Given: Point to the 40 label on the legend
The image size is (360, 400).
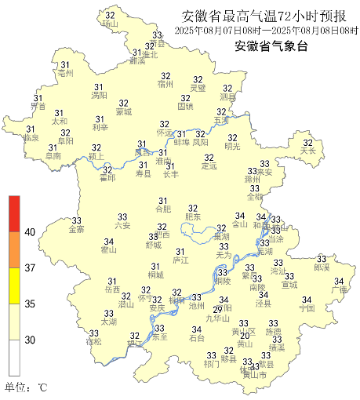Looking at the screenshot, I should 31,232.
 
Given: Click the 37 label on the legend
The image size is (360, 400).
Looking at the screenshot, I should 31,268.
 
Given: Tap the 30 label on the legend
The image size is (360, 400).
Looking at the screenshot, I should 31,340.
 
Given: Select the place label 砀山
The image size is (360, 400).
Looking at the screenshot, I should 110,24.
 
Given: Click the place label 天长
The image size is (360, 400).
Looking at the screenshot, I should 308,151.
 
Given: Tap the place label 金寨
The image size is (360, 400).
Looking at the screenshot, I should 77,230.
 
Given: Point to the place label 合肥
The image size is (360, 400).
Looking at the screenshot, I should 162,209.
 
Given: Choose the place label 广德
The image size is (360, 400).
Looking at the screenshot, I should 339,290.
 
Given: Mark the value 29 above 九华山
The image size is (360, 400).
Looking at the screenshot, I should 218,310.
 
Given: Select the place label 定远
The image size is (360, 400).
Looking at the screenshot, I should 209,166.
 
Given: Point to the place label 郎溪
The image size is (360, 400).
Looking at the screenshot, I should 322,267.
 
